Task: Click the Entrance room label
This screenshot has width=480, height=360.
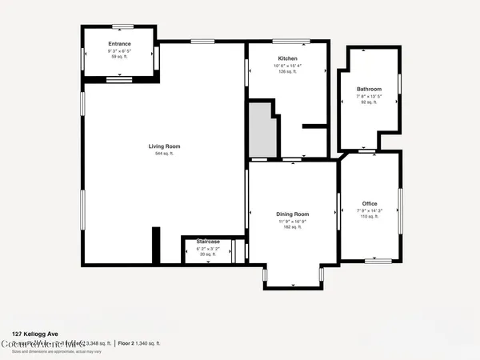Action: (119, 44)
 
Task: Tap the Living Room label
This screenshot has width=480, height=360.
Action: (164, 146)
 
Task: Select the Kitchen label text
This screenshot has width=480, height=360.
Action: (287, 59)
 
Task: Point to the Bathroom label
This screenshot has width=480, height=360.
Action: (369, 89)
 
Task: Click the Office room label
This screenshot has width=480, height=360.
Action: (369, 204)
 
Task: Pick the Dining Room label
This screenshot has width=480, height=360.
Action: (292, 214)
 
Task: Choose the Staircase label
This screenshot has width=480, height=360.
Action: (208, 241)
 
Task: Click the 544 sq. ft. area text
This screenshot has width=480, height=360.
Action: (164, 154)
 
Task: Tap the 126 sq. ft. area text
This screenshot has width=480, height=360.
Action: (287, 72)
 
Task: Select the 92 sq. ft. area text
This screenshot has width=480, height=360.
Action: (369, 102)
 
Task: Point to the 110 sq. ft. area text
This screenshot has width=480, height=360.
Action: (369, 217)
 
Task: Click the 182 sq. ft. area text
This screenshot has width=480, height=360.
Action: (292, 227)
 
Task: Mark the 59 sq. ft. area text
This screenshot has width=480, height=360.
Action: (119, 57)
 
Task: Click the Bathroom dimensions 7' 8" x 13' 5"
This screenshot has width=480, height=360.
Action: (369, 96)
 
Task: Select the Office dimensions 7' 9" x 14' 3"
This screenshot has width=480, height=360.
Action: (369, 210)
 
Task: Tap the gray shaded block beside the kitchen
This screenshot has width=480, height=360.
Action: (261, 132)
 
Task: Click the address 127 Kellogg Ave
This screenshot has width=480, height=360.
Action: (34, 334)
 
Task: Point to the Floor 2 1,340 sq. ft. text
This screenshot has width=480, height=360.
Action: (141, 343)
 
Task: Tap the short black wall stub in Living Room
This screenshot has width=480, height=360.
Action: (156, 245)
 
